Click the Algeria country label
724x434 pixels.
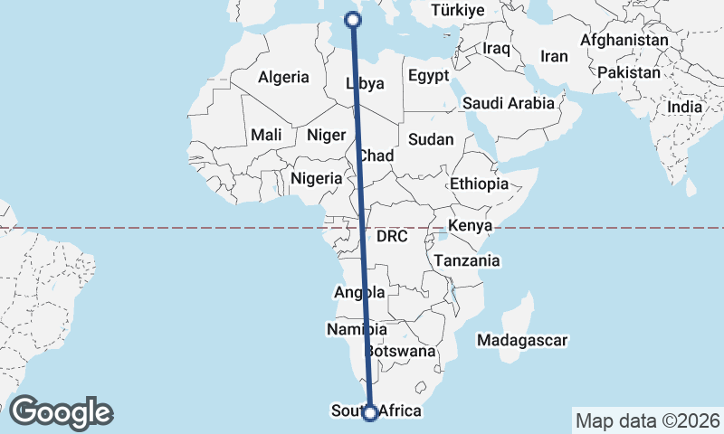283,78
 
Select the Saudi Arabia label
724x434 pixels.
508,103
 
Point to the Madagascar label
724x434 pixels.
522,341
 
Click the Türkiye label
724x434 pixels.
459,11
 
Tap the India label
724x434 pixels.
684,107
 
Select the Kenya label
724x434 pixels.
471,225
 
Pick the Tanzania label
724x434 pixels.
467,260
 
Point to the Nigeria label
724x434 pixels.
316,178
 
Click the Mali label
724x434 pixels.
266,135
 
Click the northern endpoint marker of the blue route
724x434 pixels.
353,20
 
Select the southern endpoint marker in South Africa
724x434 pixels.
369,413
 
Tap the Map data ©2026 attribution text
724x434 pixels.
647,420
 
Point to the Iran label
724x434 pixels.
554,56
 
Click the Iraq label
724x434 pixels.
498,47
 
